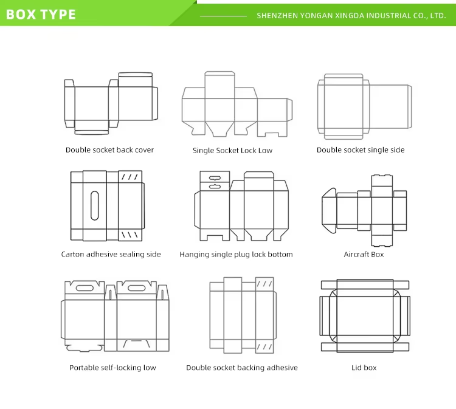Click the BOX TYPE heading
(x=41, y=14)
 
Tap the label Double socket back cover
(x=109, y=150)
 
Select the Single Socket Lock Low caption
(x=232, y=151)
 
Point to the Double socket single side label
(x=361, y=150)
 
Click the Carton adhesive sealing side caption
(x=111, y=255)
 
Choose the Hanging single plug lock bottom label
(x=236, y=255)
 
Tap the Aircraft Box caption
(x=364, y=255)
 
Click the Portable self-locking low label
(x=112, y=368)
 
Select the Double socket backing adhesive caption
(x=242, y=368)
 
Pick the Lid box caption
(x=364, y=368)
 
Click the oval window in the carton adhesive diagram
(x=94, y=205)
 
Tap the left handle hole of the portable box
(x=85, y=288)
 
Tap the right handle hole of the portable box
(x=137, y=288)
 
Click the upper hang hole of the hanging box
(x=215, y=178)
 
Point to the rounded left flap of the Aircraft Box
(x=329, y=210)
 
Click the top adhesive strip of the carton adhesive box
(x=130, y=176)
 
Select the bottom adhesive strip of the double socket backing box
(x=264, y=347)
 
